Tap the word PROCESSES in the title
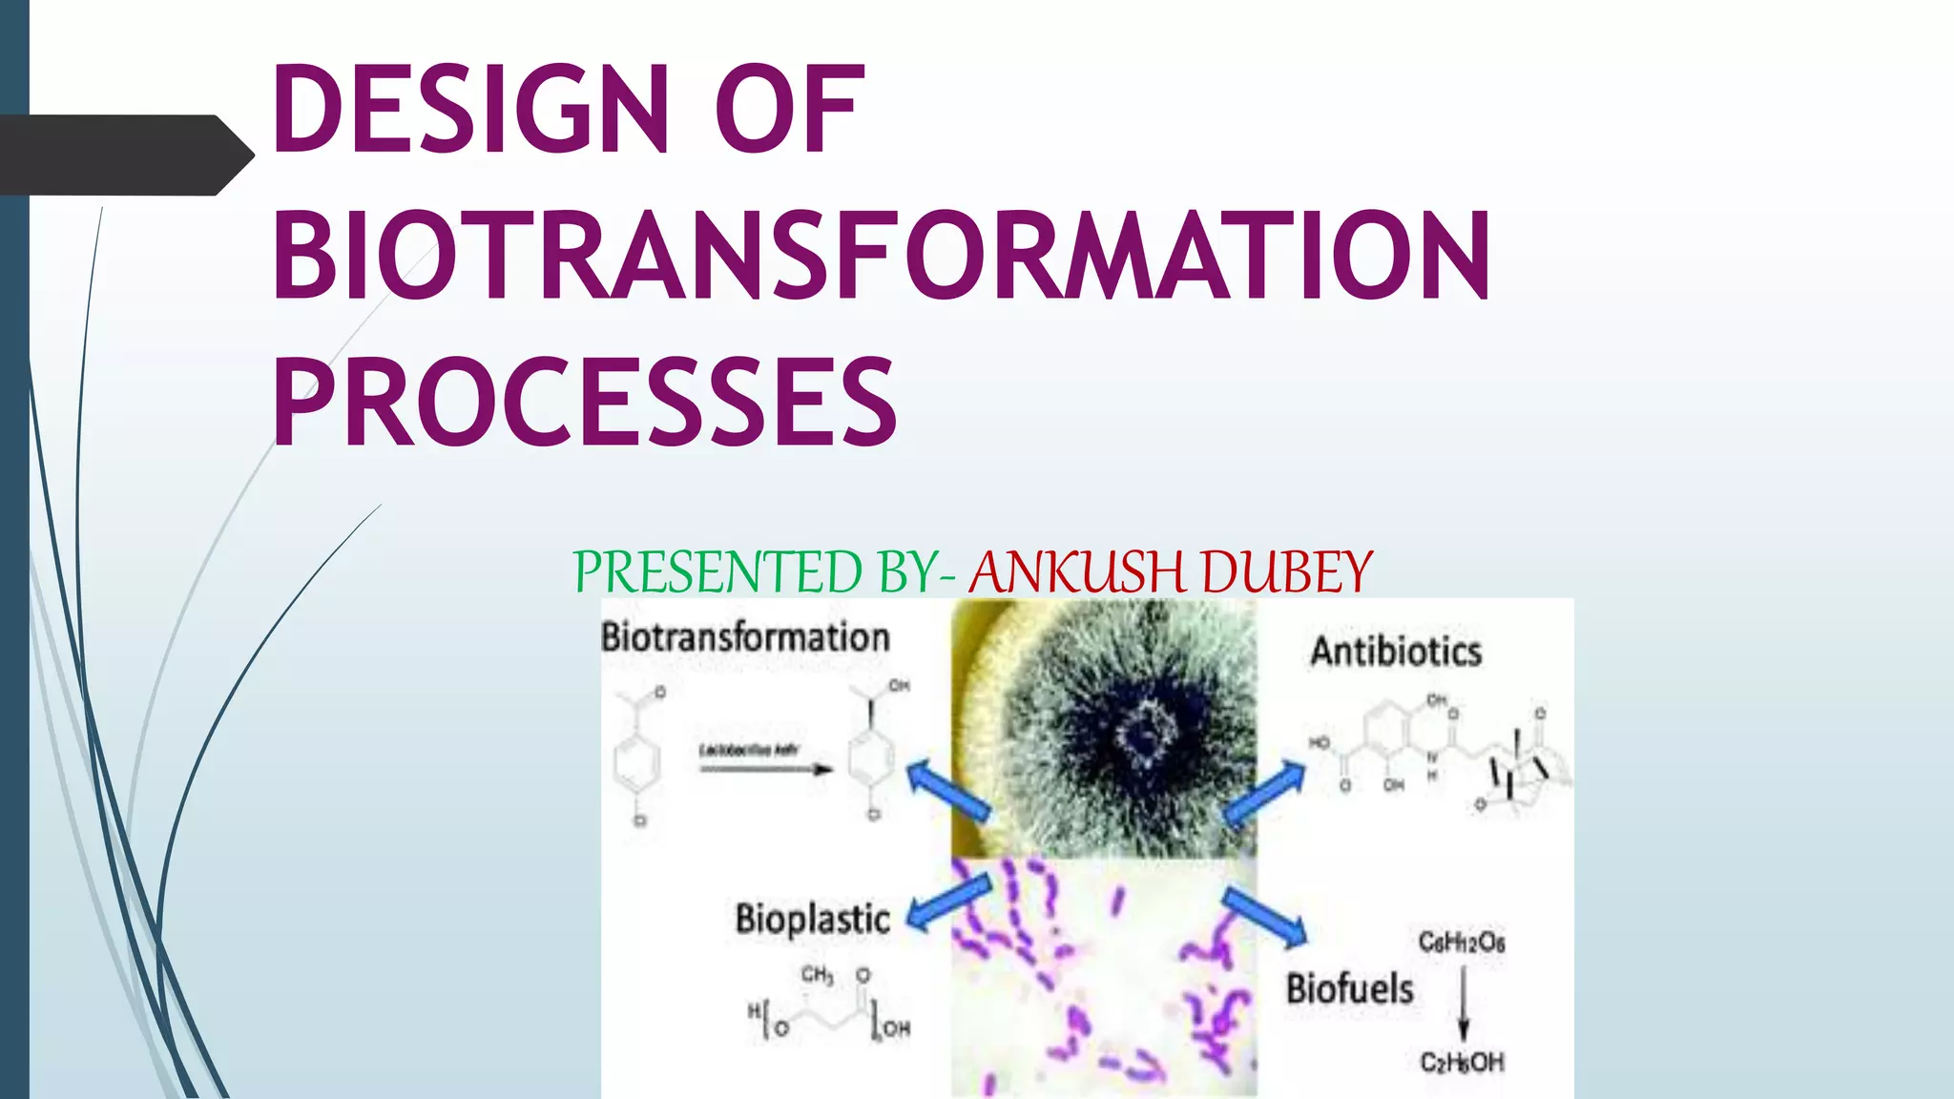click(x=584, y=402)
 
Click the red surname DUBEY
click(x=1286, y=572)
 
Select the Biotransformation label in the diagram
click(x=745, y=637)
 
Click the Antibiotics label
click(x=1396, y=652)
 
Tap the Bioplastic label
click(x=812, y=919)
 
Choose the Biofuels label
click(x=1349, y=988)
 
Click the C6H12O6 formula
click(x=1461, y=943)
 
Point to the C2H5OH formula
click(x=1462, y=1062)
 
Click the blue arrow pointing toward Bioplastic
click(x=947, y=902)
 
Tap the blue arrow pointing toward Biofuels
click(x=1265, y=917)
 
